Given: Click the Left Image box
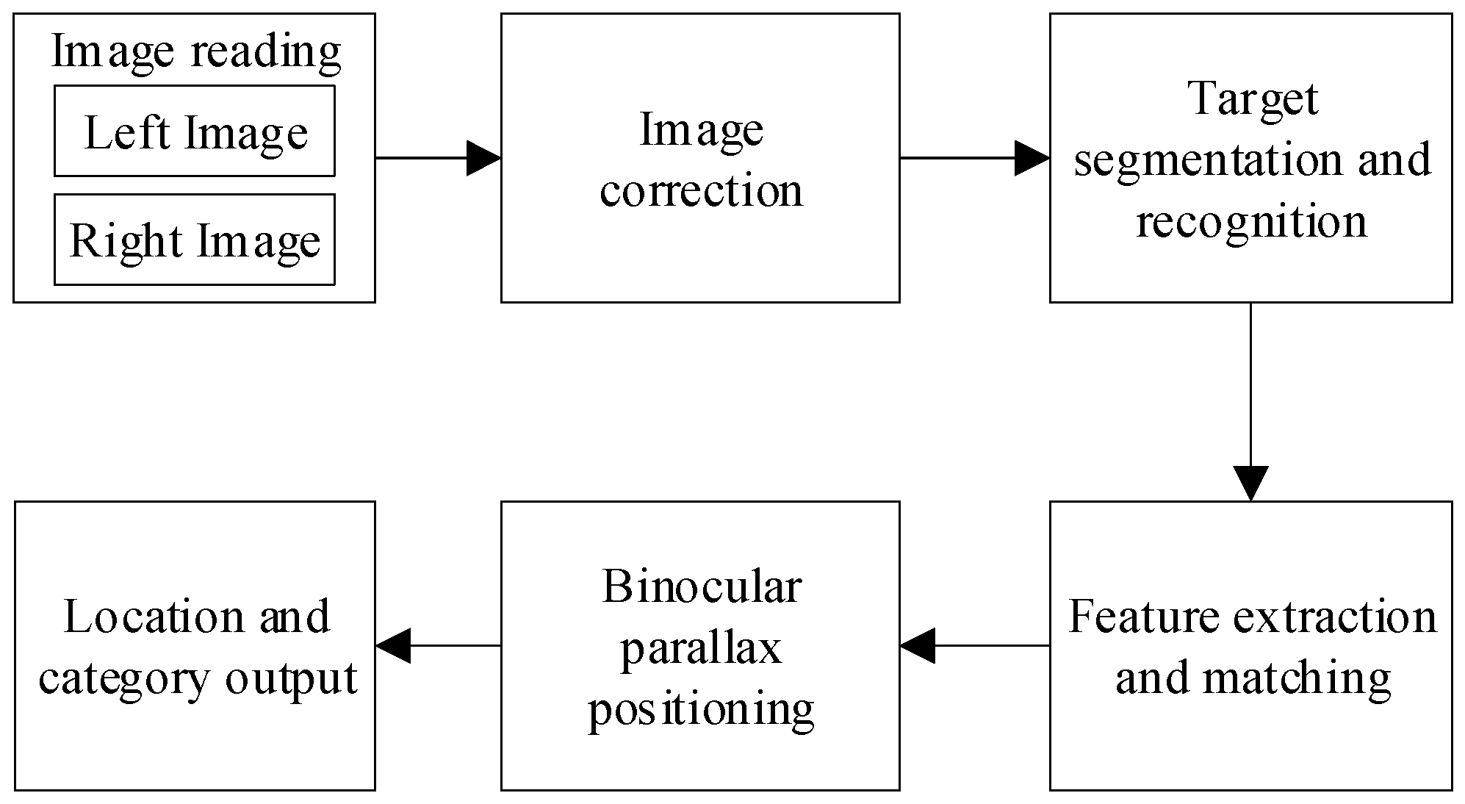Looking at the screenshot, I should (195, 132).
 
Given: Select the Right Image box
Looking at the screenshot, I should (195, 240).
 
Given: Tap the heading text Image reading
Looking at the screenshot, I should (195, 51).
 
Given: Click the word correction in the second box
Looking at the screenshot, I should (701, 190).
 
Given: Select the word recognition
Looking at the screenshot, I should (1252, 220).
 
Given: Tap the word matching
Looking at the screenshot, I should (1297, 678).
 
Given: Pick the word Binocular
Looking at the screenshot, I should (701, 587).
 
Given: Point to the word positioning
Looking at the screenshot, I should (701, 710).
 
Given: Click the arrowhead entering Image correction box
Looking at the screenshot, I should (484, 158).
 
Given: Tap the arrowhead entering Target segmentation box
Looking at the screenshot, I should (1032, 158).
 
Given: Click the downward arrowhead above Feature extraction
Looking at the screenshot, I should (1250, 484).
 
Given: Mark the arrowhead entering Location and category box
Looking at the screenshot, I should (393, 645).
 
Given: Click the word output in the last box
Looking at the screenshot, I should (291, 678).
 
